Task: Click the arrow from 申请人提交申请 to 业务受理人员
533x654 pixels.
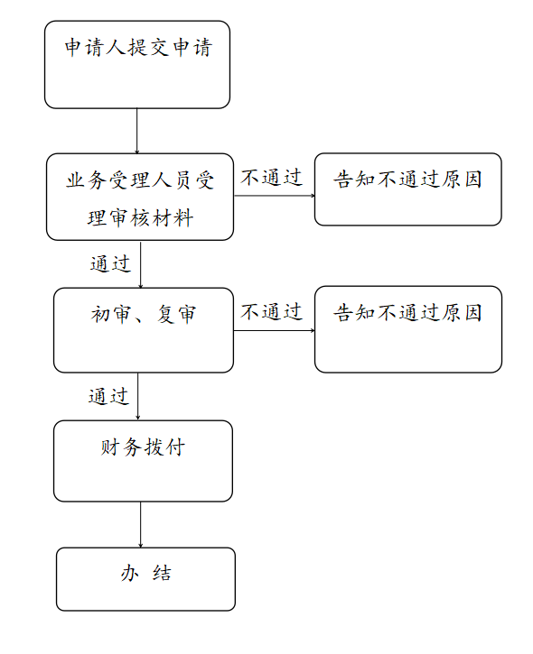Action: coord(136,131)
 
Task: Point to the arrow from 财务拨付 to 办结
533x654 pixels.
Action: coord(140,525)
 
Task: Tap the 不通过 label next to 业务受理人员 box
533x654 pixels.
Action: coord(272,178)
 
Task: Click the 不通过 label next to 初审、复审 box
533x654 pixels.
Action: coord(272,312)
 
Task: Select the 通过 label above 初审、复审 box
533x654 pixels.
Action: coord(110,264)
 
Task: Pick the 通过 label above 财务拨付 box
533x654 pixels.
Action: coord(108,396)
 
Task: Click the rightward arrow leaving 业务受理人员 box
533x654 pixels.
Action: coord(275,196)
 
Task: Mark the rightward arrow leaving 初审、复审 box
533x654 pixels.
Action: coord(274,330)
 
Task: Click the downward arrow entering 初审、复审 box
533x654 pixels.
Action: coord(140,264)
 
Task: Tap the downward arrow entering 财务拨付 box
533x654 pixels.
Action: coord(138,397)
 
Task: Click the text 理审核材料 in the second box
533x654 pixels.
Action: coord(140,218)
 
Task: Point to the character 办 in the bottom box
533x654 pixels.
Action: coord(129,573)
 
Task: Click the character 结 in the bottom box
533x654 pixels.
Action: coord(162,573)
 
